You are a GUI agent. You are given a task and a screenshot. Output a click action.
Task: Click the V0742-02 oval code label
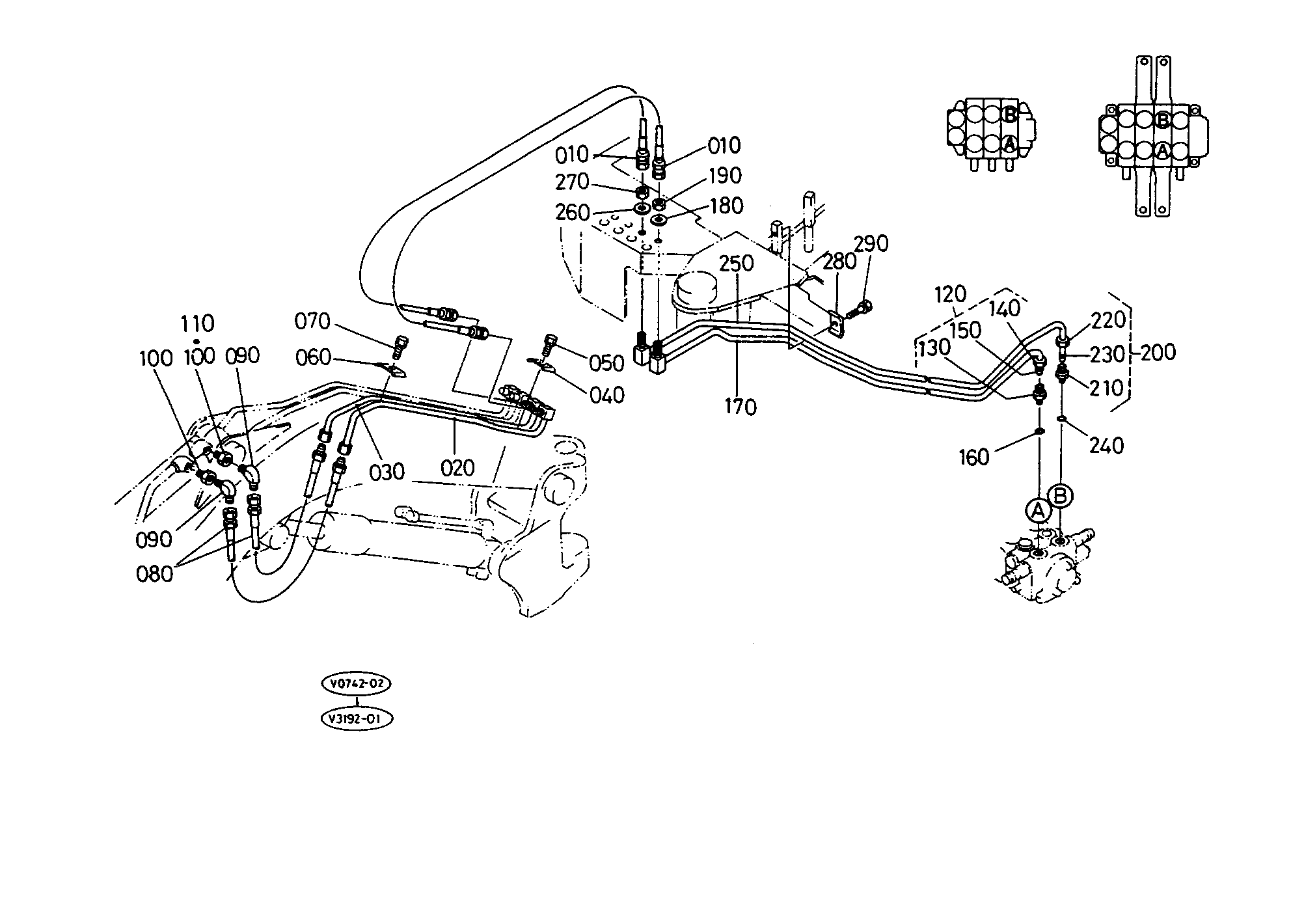click(x=357, y=684)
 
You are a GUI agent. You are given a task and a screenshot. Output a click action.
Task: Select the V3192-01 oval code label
click(x=357, y=719)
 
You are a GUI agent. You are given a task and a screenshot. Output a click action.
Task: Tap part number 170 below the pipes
click(x=741, y=407)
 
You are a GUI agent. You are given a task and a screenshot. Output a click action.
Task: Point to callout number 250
click(x=737, y=264)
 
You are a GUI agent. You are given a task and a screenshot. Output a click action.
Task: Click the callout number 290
click(x=871, y=243)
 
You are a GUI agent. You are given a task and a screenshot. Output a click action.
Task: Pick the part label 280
click(x=839, y=262)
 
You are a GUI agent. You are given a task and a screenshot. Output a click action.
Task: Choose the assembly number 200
click(x=1158, y=352)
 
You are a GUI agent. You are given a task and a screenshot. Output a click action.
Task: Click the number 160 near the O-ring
click(x=974, y=457)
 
